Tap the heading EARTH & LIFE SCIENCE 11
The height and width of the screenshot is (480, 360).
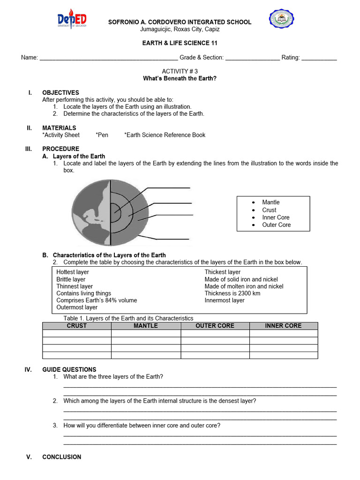pyautogui.click(x=180, y=43)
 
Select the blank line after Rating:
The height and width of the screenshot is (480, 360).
pyautogui.click(x=319, y=58)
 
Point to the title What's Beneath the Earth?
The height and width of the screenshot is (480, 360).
pyautogui.click(x=180, y=78)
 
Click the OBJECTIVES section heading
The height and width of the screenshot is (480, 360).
pyautogui.click(x=60, y=93)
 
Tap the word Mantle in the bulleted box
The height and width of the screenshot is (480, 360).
pyautogui.click(x=270, y=202)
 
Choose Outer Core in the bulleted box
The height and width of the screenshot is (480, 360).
pyautogui.click(x=276, y=225)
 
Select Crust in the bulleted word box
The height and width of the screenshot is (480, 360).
pyautogui.click(x=269, y=210)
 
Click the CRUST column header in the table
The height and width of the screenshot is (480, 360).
pyautogui.click(x=77, y=326)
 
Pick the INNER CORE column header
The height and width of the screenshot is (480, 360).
pyautogui.click(x=283, y=326)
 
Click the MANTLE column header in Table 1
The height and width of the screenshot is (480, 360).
pyautogui.click(x=146, y=326)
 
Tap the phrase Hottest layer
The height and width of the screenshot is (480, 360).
pyautogui.click(x=73, y=272)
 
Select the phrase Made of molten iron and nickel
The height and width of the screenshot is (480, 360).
pyautogui.click(x=244, y=286)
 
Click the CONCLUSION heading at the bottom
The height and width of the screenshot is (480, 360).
pyautogui.click(x=61, y=457)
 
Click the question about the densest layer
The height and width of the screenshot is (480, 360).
pyautogui.click(x=160, y=401)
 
